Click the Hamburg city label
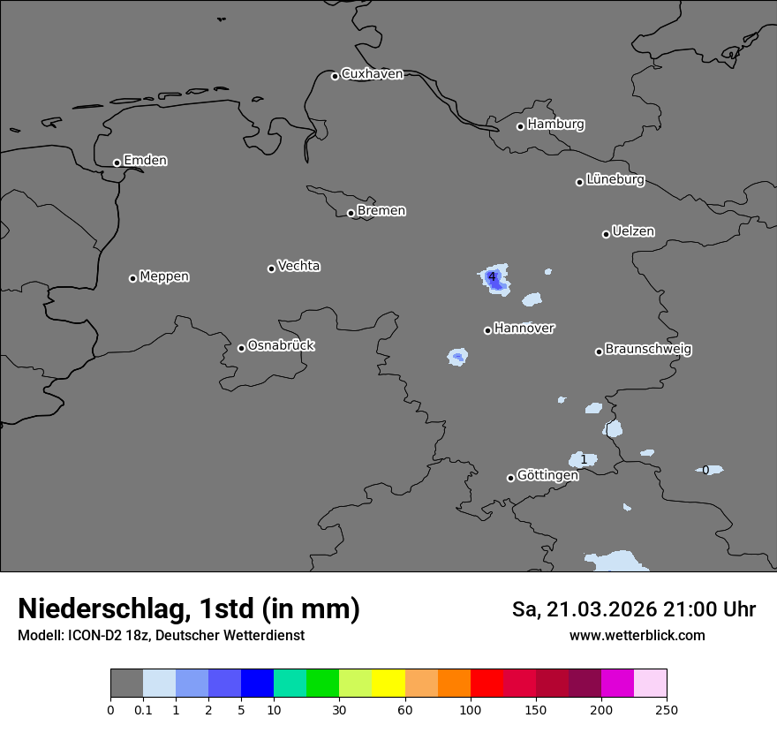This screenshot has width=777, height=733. tap(555, 125)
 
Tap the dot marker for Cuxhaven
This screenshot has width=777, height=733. tap(335, 76)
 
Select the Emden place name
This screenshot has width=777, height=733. tap(145, 161)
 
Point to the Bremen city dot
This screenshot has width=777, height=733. tap(351, 213)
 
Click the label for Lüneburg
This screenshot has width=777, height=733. tap(615, 180)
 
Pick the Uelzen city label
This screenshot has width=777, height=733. tap(633, 231)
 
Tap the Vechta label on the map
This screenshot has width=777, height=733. tap(298, 266)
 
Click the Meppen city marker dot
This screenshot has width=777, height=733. tap(132, 278)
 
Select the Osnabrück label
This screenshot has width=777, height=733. tap(281, 345)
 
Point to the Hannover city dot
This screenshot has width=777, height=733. tap(487, 330)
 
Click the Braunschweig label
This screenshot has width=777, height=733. tap(648, 350)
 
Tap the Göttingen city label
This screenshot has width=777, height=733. tap(547, 475)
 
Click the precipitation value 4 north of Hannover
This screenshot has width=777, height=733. tap(492, 277)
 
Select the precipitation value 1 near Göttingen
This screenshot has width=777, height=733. tap(584, 460)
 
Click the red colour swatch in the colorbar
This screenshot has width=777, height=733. tap(487, 684)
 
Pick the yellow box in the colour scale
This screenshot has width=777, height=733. tap(388, 684)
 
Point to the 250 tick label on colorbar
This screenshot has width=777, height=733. tap(667, 709)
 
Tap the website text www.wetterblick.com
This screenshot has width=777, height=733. tap(637, 636)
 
